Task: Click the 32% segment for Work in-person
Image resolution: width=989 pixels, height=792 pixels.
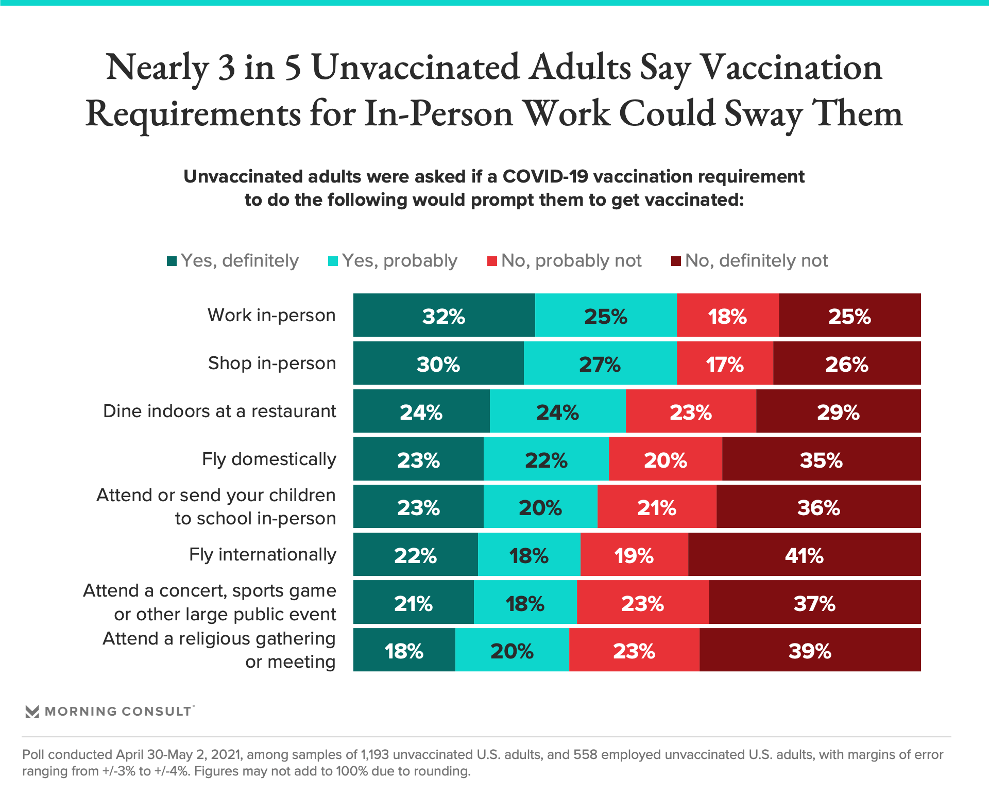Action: click(444, 316)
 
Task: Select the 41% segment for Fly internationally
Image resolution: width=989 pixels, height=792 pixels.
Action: click(804, 555)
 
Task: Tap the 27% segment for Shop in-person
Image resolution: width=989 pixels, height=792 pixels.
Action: click(600, 364)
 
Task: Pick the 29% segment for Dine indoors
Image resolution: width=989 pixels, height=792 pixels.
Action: click(838, 411)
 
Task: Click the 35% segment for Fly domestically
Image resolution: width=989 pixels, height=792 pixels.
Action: click(821, 459)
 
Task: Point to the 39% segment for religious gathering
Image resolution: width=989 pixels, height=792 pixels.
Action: click(810, 650)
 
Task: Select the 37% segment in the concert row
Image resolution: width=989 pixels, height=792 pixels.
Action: click(814, 603)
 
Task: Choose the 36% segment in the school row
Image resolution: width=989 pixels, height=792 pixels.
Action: click(819, 507)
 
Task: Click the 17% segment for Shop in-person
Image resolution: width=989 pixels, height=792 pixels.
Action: click(725, 364)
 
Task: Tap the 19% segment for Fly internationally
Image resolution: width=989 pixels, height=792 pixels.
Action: click(634, 555)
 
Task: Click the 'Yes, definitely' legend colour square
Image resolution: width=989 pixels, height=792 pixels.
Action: click(172, 261)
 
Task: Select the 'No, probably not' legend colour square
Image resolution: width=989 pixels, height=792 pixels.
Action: click(492, 261)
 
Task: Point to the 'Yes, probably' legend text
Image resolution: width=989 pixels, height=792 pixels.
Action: click(400, 261)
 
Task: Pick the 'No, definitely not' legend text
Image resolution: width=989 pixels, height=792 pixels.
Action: click(756, 261)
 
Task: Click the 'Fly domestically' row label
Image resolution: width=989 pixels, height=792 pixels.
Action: click(269, 459)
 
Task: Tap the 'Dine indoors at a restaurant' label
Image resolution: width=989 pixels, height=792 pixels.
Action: click(219, 411)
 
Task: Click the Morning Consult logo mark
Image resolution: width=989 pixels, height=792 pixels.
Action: click(32, 712)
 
